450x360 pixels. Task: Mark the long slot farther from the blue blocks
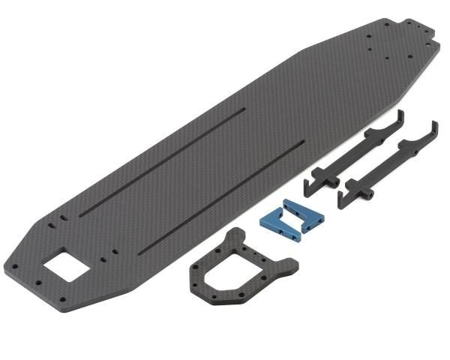(161, 157)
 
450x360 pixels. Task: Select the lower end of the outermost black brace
(343, 199)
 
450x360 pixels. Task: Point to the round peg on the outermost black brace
(370, 194)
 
